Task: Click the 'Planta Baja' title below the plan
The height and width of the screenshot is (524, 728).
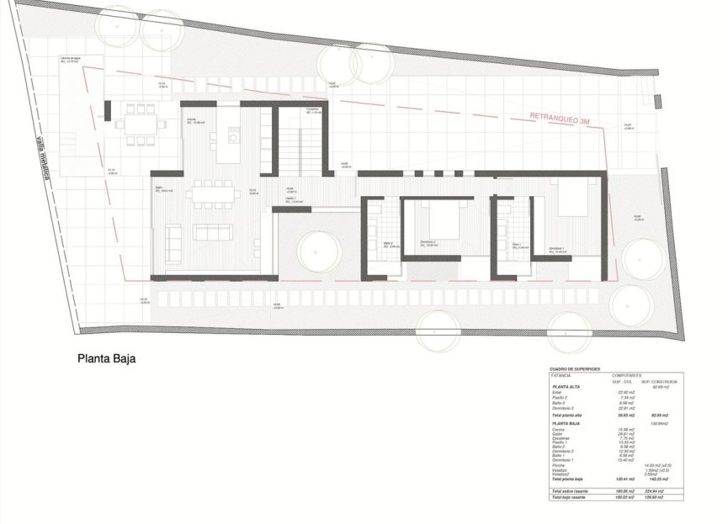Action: pos(107,357)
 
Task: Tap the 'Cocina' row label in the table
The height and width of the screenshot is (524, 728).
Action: pos(559,429)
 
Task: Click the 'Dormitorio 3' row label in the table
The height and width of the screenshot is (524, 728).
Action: pos(565,408)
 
